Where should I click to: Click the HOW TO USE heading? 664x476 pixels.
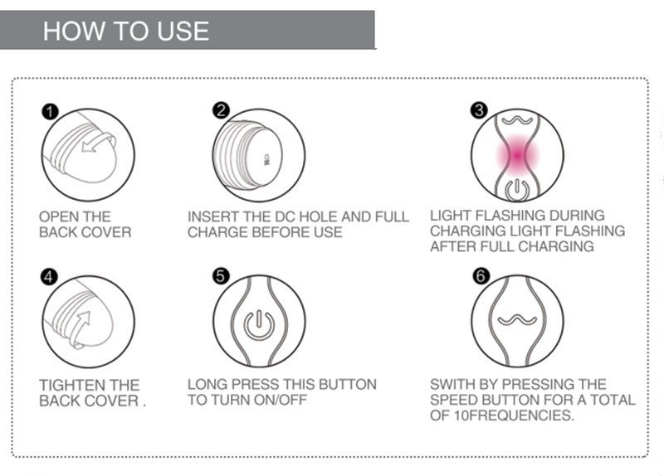[x=126, y=31]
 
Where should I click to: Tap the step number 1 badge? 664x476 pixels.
[x=50, y=112]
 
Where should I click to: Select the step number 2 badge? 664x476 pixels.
[x=221, y=111]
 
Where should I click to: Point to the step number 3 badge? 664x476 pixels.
[x=480, y=110]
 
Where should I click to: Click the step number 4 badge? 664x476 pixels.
[x=49, y=277]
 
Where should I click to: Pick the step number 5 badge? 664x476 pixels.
[x=221, y=276]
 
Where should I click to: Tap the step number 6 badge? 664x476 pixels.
[x=481, y=276]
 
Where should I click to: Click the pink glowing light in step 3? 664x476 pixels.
[x=517, y=155]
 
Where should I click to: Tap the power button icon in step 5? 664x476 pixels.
[x=259, y=324]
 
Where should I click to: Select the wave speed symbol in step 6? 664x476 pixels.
[x=517, y=320]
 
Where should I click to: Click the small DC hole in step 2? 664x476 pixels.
[x=266, y=160]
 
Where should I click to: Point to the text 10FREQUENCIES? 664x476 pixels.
[x=514, y=415]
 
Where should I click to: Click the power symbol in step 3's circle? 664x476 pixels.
[x=516, y=190]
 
